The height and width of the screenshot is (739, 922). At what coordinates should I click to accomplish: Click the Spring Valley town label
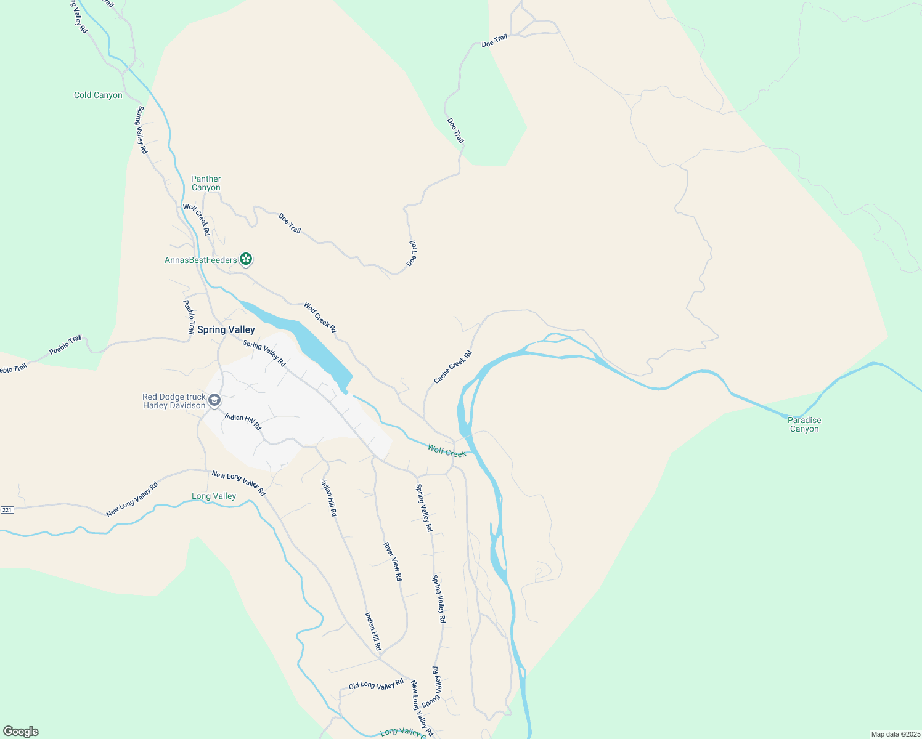click(x=226, y=330)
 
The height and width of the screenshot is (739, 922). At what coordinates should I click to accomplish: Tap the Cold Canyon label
click(x=98, y=95)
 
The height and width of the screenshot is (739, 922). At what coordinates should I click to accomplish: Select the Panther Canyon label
click(x=206, y=184)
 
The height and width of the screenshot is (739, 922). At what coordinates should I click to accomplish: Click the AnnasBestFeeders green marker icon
click(x=246, y=259)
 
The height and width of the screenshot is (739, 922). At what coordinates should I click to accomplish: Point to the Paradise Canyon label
click(x=804, y=425)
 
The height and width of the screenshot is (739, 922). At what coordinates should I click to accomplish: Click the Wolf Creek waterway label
click(x=447, y=451)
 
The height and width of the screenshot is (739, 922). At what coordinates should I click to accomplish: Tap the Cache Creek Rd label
click(x=452, y=368)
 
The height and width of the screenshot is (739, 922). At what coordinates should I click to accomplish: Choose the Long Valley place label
click(x=214, y=496)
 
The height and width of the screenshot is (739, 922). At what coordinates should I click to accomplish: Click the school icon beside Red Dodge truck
click(x=214, y=401)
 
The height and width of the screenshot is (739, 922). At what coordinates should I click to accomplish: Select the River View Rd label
click(x=393, y=562)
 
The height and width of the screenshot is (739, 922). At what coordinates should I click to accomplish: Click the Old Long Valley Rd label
click(x=376, y=684)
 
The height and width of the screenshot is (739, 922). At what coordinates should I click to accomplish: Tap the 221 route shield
click(x=7, y=510)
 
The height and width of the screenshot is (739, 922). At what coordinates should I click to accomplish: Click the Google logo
click(x=21, y=732)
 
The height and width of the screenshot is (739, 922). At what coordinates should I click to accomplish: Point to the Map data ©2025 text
click(x=895, y=734)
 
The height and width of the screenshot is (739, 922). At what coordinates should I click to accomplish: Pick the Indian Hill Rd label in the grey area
click(x=243, y=422)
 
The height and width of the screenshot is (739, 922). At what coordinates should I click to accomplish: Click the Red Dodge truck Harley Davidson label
click(x=174, y=402)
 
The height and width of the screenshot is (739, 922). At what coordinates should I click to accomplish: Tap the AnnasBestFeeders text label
click(x=201, y=260)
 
